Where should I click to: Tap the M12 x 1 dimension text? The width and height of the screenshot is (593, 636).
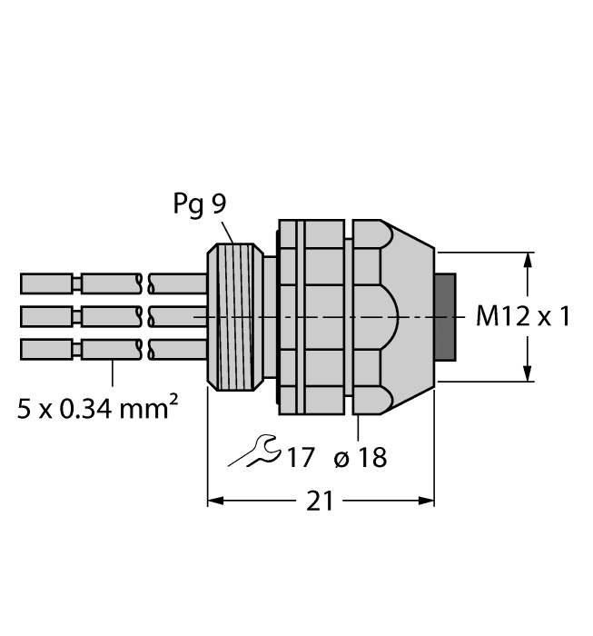pos(523,317)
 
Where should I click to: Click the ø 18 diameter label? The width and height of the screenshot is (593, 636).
pos(360,457)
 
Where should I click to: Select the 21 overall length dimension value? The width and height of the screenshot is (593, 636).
pos(319,502)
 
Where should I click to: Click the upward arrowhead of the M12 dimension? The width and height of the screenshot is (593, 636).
pos(528,261)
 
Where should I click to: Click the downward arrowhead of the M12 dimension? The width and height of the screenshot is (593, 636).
pos(528,373)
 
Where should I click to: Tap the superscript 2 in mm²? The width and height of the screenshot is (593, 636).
pos(172,399)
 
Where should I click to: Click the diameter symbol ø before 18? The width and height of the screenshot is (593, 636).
pos(342,458)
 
